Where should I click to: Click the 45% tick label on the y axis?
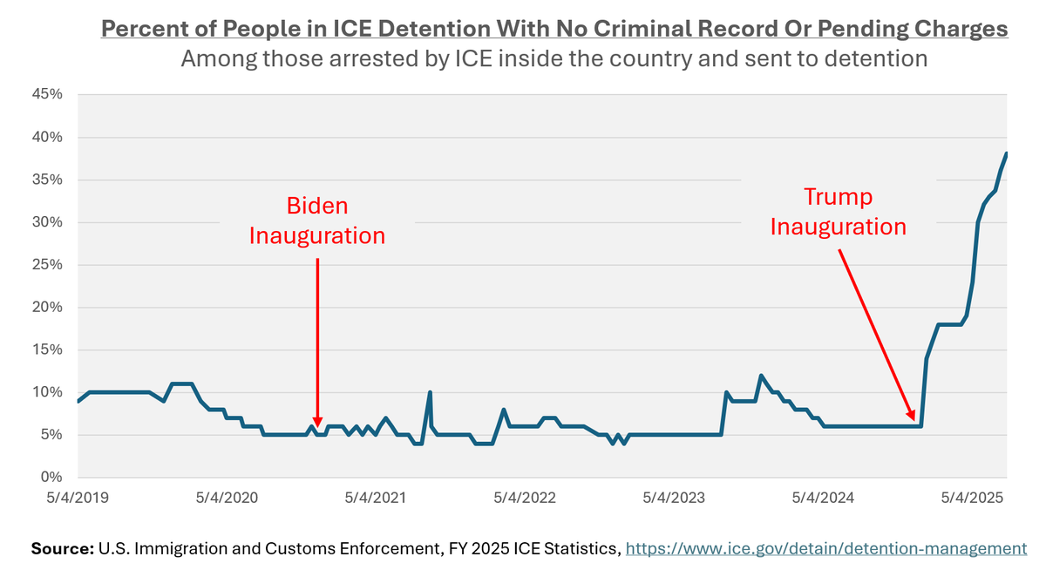(47, 95)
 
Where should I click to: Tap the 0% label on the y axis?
(52, 478)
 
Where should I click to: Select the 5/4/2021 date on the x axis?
(376, 499)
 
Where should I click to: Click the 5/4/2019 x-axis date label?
(78, 499)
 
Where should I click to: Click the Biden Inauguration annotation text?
(317, 221)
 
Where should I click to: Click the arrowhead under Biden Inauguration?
(316, 420)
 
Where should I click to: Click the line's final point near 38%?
(1007, 153)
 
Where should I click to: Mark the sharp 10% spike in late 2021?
(430, 393)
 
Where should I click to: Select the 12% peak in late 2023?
(761, 376)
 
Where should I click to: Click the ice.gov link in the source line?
(826, 549)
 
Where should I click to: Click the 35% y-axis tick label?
(47, 180)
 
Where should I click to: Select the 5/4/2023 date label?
(674, 499)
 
